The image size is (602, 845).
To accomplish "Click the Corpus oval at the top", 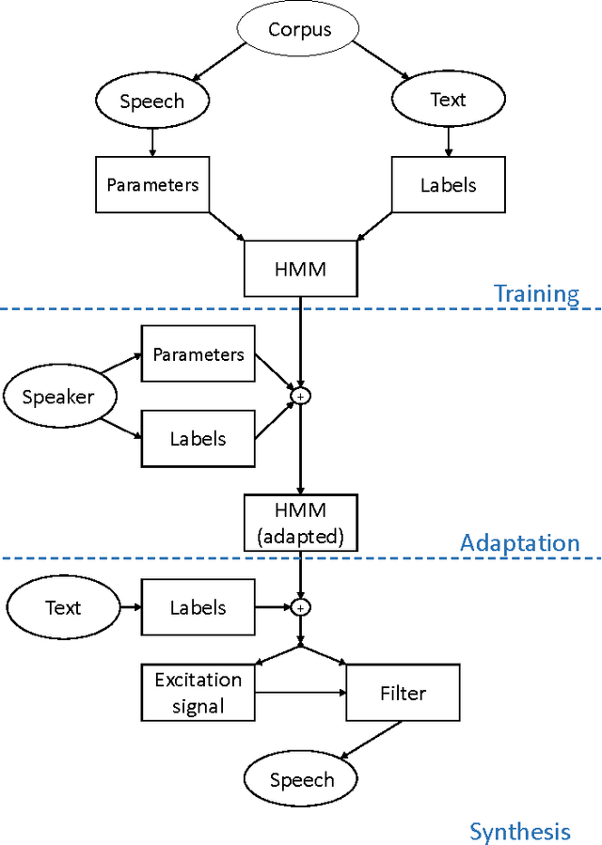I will click(x=299, y=29).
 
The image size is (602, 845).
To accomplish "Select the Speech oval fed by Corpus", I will click(x=151, y=102).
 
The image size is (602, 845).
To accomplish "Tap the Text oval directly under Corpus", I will click(x=448, y=100).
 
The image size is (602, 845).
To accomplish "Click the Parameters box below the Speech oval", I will click(x=152, y=184).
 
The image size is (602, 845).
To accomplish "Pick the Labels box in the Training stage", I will click(x=448, y=184).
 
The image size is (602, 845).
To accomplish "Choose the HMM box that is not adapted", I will click(x=299, y=270).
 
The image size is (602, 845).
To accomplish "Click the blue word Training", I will click(x=536, y=293).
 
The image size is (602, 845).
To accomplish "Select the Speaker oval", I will click(x=58, y=397).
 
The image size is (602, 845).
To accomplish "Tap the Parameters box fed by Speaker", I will click(x=198, y=354).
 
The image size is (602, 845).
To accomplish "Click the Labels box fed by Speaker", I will click(x=198, y=438).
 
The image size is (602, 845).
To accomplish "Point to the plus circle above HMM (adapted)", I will click(x=300, y=397).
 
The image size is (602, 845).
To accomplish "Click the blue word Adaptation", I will click(x=519, y=543).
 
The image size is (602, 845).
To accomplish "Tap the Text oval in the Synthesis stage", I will click(x=63, y=607).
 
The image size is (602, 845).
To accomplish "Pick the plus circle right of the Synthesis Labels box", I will click(x=300, y=607).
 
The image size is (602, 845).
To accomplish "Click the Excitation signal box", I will click(x=198, y=693).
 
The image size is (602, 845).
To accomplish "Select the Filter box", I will click(x=403, y=693).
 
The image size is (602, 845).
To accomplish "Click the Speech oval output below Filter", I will click(x=301, y=779).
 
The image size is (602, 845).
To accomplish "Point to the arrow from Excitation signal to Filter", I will click(x=300, y=694).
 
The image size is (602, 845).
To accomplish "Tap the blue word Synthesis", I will click(x=519, y=831).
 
